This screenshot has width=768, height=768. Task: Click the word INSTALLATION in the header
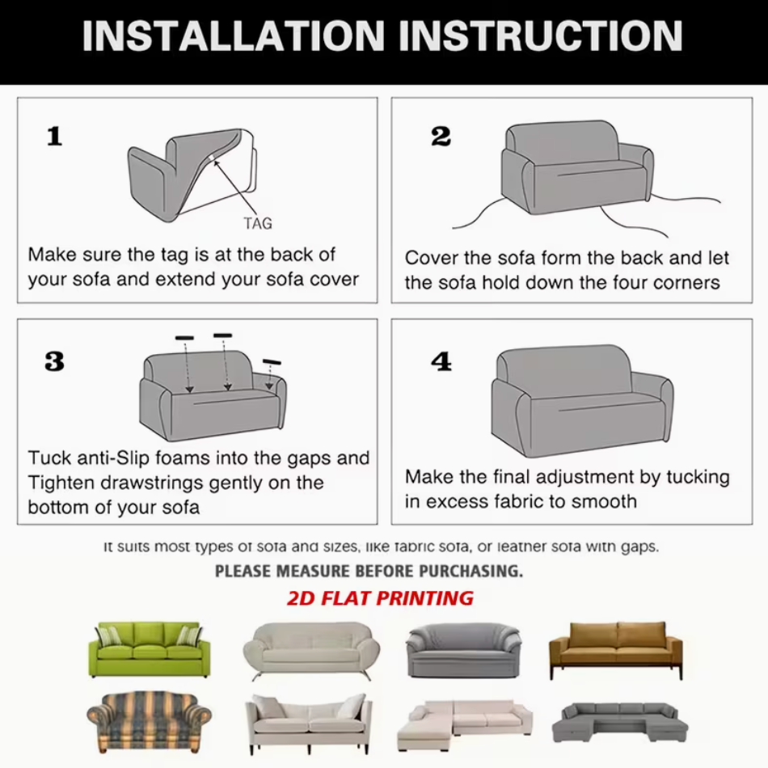click(x=234, y=36)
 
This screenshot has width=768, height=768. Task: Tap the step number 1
click(x=55, y=136)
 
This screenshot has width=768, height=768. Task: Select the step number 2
click(x=441, y=136)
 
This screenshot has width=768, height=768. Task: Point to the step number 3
click(x=54, y=361)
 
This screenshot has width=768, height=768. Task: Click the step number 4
click(x=441, y=361)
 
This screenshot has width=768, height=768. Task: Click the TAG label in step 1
click(x=258, y=223)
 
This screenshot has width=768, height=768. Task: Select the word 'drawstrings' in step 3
click(x=157, y=483)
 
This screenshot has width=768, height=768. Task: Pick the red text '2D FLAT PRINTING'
click(x=380, y=598)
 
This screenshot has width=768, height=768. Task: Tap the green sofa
click(x=150, y=649)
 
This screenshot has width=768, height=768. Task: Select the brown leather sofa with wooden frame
click(x=616, y=650)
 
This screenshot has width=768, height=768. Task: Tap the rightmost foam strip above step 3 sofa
click(x=272, y=362)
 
